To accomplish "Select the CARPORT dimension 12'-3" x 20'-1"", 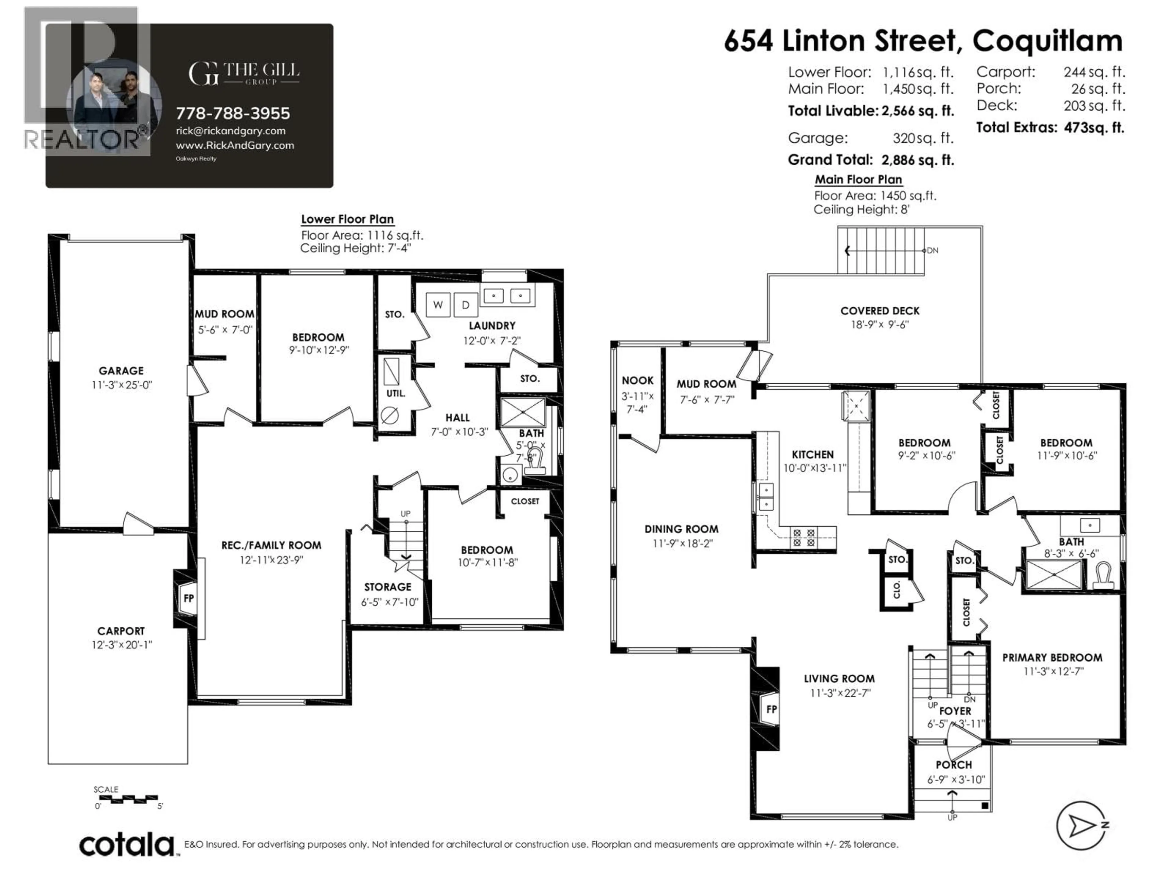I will point(122,645).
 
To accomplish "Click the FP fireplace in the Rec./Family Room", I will point(188,599).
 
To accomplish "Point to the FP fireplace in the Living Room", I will point(771,709).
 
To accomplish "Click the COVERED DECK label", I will point(880,311).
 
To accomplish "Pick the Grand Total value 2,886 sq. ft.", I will point(917,160).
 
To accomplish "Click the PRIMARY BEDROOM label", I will point(1052,657).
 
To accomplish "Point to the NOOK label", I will point(638,380).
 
